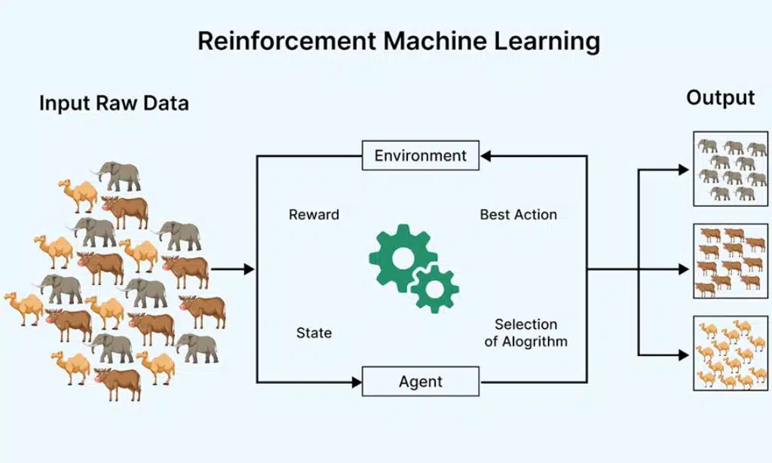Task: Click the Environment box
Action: [421, 155]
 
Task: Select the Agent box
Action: [421, 382]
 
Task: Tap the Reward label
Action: [314, 215]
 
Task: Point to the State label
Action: [314, 333]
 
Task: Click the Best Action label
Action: [519, 215]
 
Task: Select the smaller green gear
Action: [434, 287]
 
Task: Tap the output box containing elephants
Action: [731, 170]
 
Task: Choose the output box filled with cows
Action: [731, 261]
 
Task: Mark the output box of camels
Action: [731, 353]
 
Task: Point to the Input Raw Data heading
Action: [114, 103]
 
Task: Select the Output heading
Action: [720, 98]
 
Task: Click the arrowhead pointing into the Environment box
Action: [486, 156]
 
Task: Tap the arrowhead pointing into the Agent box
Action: [357, 382]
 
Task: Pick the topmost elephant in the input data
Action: [118, 176]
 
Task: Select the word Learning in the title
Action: [548, 41]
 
